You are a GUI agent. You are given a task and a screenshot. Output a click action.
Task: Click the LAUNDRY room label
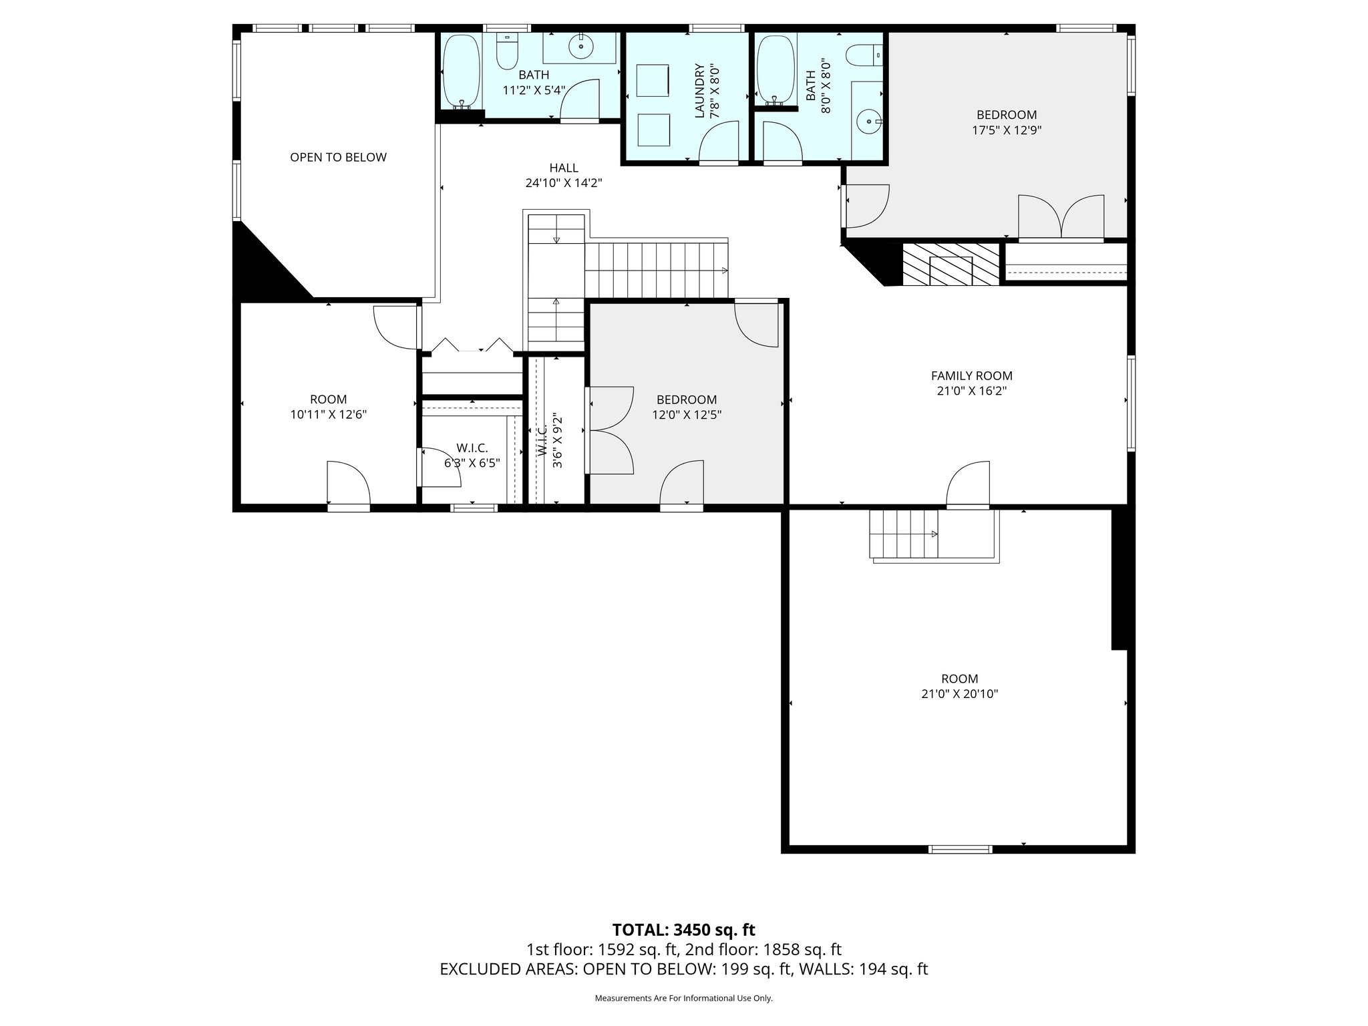[x=700, y=91]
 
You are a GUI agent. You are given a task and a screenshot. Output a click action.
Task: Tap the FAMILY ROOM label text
[x=971, y=376]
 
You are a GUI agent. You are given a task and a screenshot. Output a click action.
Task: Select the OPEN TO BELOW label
[x=338, y=158]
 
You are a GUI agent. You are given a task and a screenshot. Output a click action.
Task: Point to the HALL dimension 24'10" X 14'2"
[x=564, y=183]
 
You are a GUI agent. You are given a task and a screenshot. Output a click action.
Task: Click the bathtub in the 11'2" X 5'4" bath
[x=461, y=71]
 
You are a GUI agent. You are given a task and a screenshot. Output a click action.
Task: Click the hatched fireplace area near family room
[x=950, y=265]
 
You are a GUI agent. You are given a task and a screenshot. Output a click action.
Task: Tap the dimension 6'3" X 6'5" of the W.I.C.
[x=472, y=463]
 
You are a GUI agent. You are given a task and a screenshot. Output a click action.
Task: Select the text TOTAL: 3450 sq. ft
[x=683, y=930]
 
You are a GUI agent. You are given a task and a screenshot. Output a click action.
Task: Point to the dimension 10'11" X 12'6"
[x=328, y=415]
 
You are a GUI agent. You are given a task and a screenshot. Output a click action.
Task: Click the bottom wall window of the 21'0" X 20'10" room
[x=961, y=849]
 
